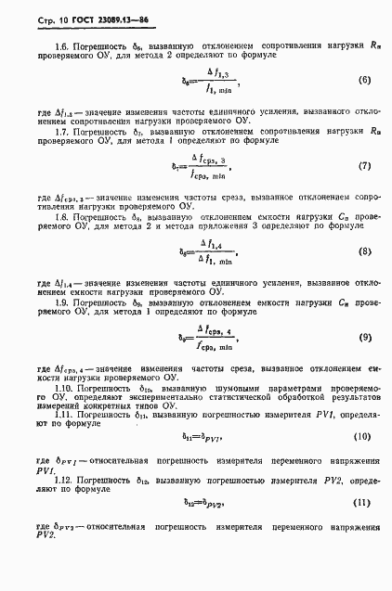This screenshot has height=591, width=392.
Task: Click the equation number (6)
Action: [x=363, y=81]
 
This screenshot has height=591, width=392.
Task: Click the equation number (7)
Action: [x=363, y=167]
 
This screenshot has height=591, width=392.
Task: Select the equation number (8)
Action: [x=363, y=251]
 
